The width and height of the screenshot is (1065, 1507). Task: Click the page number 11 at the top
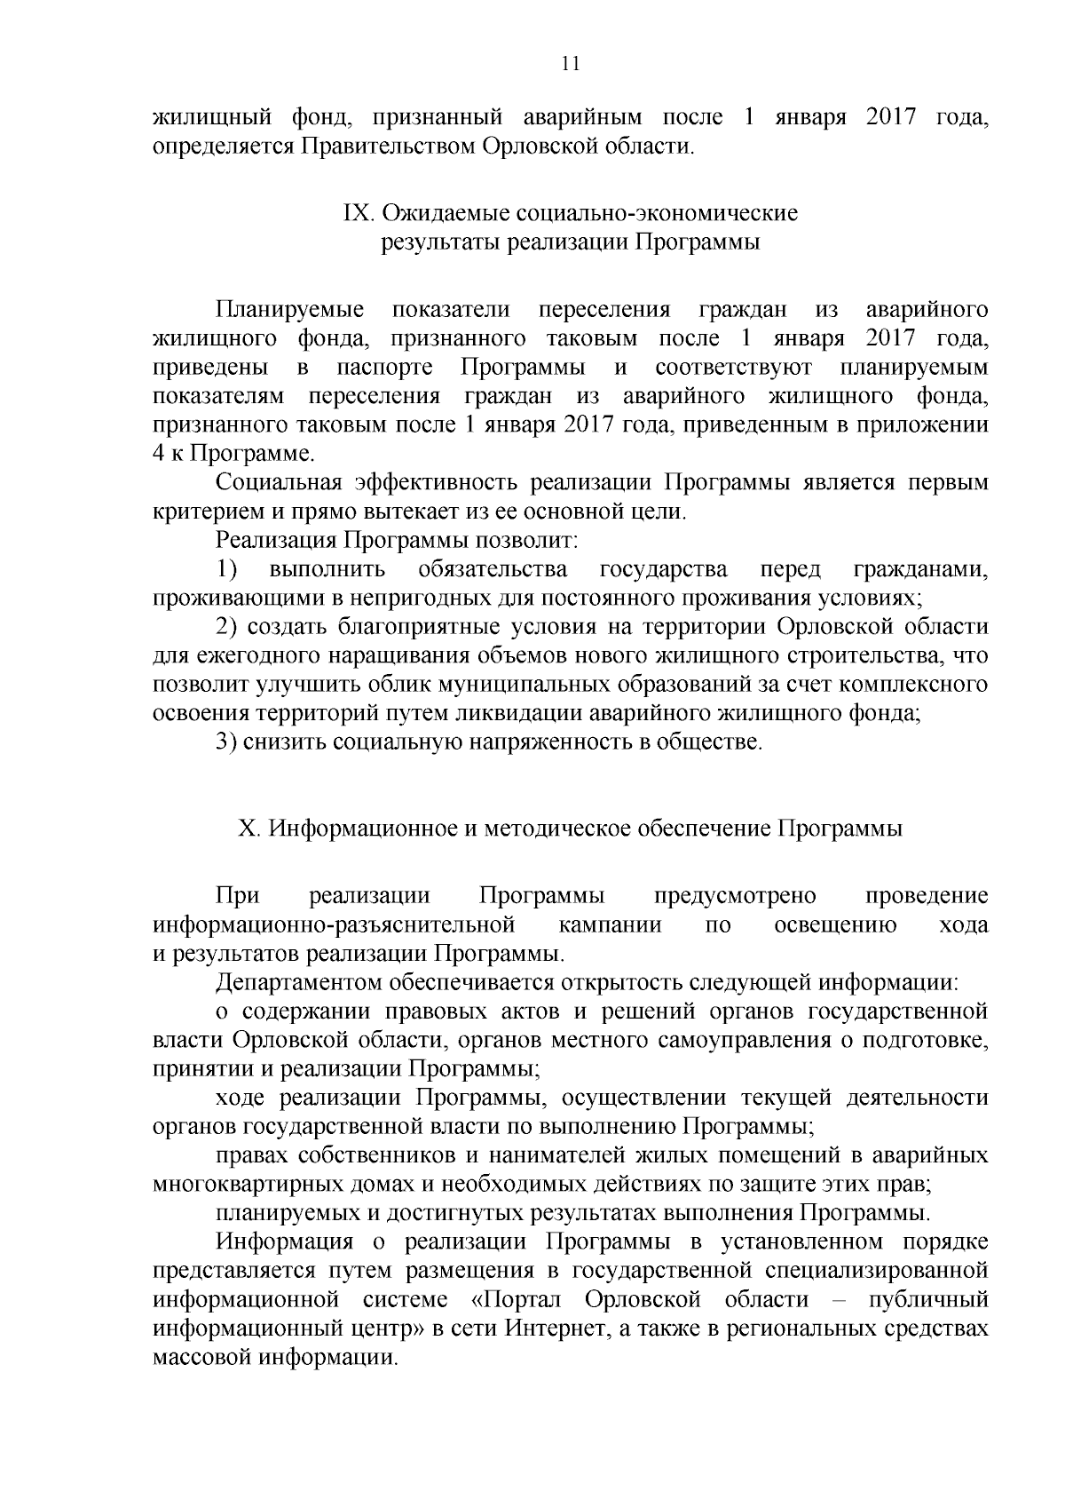click(571, 63)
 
